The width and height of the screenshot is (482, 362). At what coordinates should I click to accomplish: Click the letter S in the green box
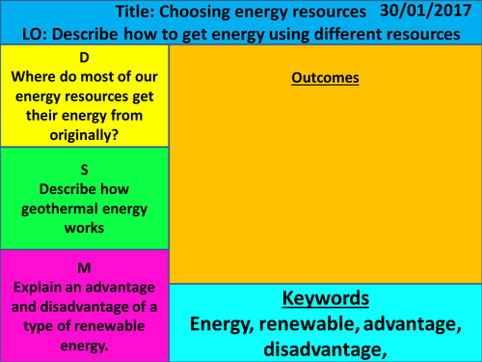[x=85, y=168]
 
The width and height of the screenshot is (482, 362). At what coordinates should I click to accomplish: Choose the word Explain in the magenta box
[x=41, y=286]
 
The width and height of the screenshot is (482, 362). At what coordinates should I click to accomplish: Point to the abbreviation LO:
[x=36, y=35]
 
